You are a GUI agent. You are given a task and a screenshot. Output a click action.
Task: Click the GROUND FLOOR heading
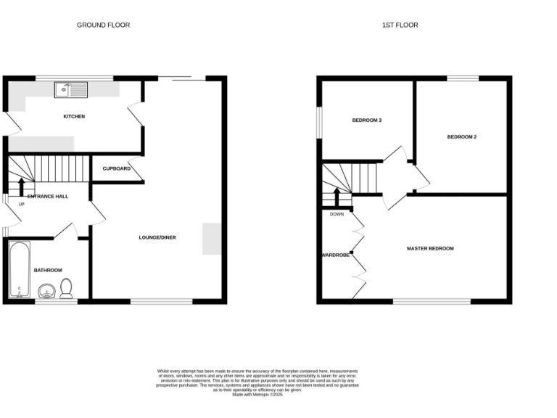tap(104, 25)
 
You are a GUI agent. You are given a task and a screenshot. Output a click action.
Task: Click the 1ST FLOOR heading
tap(400, 25)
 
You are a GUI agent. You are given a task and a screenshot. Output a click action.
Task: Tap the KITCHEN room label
tap(74, 116)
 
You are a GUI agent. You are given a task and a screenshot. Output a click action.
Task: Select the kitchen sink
tap(71, 89)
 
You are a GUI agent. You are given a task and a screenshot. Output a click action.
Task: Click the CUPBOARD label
tap(116, 168)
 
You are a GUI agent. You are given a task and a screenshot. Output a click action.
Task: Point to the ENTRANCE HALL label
tap(48, 196)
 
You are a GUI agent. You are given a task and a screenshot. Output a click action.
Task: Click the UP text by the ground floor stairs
tap(21, 204)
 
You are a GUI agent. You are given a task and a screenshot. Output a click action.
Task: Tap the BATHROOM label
tap(48, 270)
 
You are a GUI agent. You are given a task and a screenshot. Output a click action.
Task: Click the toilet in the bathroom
tap(67, 288)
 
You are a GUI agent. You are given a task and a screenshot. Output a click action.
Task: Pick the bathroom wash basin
tap(47, 292)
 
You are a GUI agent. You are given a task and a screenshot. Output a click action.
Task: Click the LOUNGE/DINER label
tap(157, 237)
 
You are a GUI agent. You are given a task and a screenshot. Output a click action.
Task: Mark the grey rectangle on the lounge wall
tap(212, 239)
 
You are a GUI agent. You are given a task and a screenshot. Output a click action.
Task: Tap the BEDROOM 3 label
tap(366, 120)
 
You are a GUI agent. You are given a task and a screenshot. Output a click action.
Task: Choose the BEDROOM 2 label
tap(461, 136)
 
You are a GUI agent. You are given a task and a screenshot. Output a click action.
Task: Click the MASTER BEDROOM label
tap(430, 248)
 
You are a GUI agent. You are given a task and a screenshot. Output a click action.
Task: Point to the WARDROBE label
tap(336, 255)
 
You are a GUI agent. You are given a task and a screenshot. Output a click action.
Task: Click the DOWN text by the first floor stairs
tap(337, 214)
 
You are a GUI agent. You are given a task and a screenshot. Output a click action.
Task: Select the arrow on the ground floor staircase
tap(21, 187)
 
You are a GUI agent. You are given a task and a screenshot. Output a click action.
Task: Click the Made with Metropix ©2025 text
tap(258, 393)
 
